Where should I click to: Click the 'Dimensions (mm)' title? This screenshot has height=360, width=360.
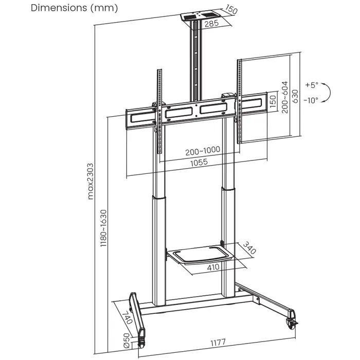[x=74, y=8]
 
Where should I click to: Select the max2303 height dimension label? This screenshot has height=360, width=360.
[x=91, y=178]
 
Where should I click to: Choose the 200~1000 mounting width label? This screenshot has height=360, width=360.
[x=203, y=150]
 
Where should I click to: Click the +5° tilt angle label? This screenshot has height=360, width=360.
[x=311, y=84]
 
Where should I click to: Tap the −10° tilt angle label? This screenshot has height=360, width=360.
[x=311, y=100]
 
